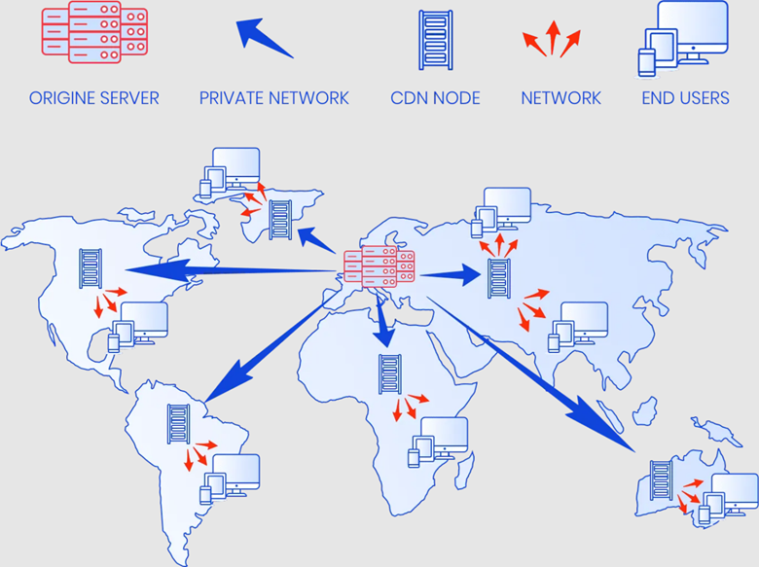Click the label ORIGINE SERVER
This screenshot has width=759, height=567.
click(x=93, y=98)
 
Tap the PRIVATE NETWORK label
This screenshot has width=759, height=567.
click(x=273, y=98)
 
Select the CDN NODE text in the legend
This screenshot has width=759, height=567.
click(x=436, y=98)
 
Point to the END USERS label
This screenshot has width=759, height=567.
click(x=685, y=98)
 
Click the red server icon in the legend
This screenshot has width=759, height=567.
click(x=94, y=36)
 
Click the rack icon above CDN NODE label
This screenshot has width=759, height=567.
click(x=435, y=39)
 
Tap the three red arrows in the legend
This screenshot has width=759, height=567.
click(x=552, y=39)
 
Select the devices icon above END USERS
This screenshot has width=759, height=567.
click(x=683, y=37)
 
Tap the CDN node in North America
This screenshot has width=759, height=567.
click(x=91, y=268)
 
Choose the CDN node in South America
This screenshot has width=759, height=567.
click(x=178, y=424)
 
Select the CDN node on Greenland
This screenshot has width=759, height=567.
click(x=280, y=220)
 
